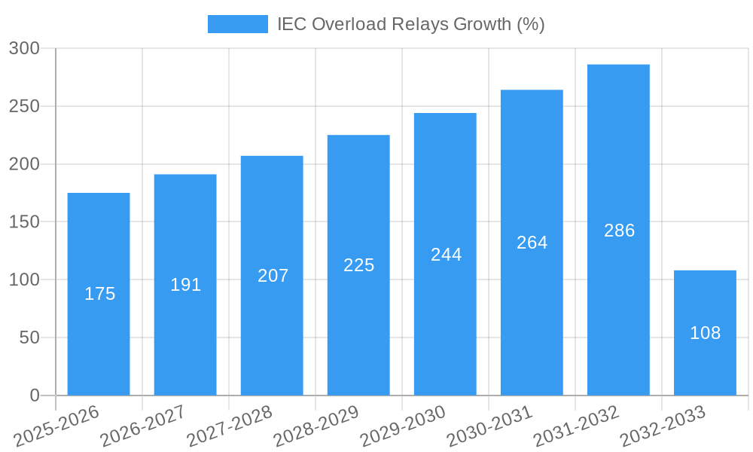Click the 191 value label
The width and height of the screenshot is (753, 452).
[185, 285]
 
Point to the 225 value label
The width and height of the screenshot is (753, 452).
[358, 265]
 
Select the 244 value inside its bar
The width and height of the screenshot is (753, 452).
[446, 255]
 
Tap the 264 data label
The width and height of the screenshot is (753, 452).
[532, 243]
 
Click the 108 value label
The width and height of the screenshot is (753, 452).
[705, 333]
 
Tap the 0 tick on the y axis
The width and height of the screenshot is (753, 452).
[35, 395]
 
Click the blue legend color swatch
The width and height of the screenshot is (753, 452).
[237, 24]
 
